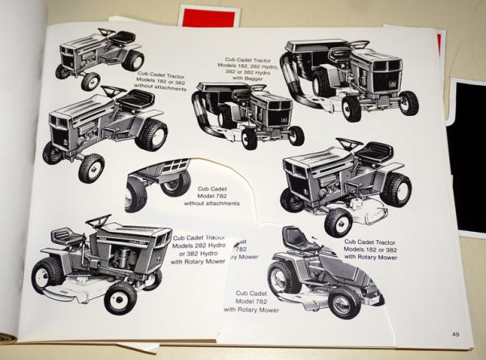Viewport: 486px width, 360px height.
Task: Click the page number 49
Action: point(456,334)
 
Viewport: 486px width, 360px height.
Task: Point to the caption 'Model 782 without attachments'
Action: point(211,195)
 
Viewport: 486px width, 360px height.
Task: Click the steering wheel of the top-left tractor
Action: point(107,32)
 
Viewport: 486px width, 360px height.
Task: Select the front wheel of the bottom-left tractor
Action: point(121,297)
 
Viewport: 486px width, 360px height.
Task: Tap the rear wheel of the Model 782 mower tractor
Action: point(284,278)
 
